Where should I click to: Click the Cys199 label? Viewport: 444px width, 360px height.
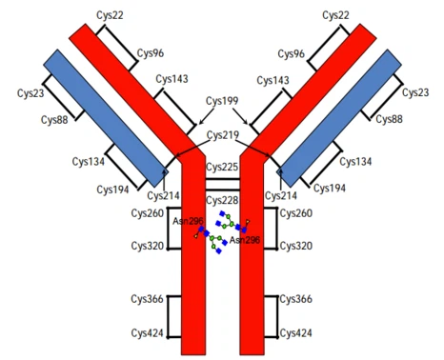tap(222, 100)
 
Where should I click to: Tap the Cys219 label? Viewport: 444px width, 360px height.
tap(222, 136)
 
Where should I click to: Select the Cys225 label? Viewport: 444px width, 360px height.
tap(222, 168)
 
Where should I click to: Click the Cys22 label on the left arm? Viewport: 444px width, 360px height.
tap(118, 15)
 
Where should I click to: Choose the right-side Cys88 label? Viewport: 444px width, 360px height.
tap(391, 119)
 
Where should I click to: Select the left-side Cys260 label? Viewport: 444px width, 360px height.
tap(148, 213)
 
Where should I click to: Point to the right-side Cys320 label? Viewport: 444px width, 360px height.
tap(298, 246)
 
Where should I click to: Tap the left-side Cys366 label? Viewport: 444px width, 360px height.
tap(148, 299)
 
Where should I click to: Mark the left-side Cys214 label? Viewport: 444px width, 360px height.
tap(164, 196)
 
